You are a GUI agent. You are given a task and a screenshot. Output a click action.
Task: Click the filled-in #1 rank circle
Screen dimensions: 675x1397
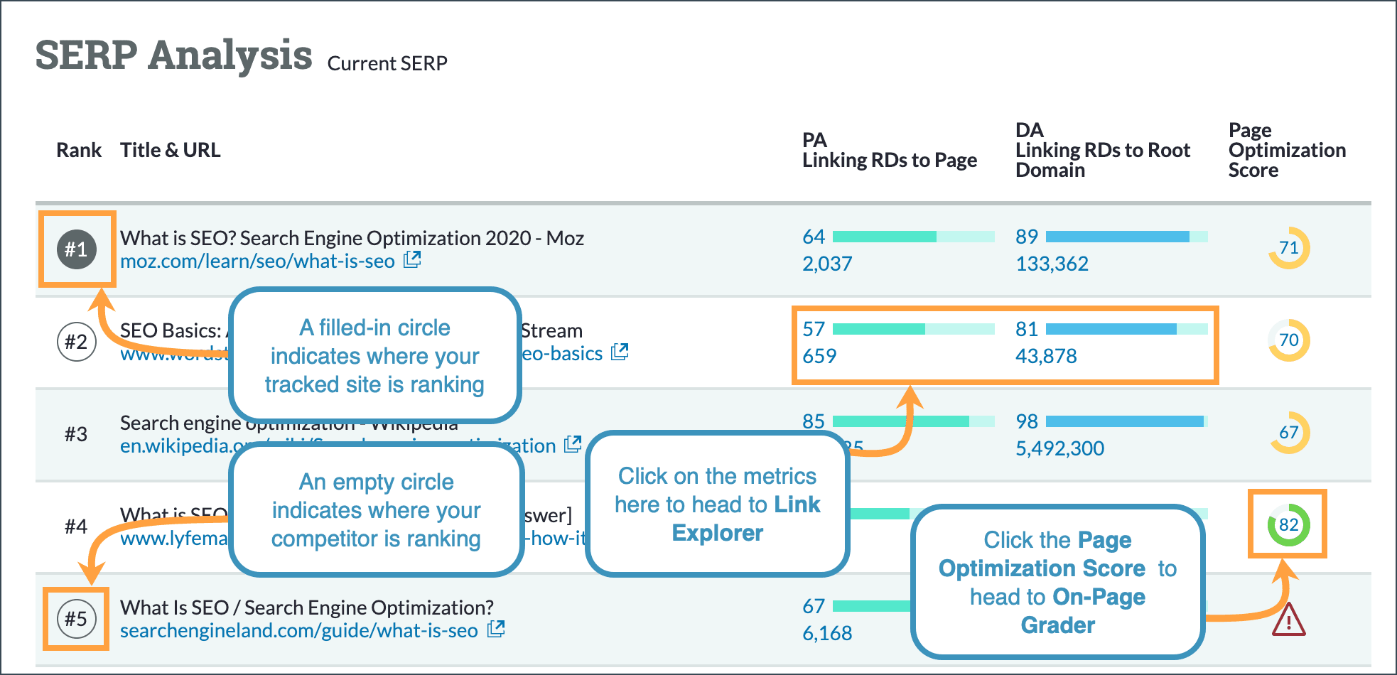[77, 249]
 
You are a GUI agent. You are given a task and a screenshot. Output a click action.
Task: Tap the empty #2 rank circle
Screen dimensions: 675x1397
[76, 342]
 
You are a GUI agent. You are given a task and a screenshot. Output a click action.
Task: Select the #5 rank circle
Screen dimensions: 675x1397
[76, 619]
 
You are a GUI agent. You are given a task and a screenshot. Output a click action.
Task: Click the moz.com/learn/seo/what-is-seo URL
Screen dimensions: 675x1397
[257, 261]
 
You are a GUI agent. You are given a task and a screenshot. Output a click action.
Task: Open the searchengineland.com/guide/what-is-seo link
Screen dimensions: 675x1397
[298, 631]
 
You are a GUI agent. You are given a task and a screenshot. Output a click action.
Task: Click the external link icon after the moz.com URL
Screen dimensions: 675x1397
[412, 260]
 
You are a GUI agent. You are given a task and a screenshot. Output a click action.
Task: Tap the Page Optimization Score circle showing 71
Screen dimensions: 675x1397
[1288, 248]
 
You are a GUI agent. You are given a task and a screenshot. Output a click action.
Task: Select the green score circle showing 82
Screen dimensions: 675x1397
[1288, 525]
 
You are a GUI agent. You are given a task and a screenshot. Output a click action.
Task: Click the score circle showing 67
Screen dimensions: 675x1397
[1288, 433]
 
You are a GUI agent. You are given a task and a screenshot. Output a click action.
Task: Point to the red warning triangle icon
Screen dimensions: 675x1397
[1288, 620]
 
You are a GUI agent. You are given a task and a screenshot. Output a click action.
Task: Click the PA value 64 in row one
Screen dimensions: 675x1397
[814, 237]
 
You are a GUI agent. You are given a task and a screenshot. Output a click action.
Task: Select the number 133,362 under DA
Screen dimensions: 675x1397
[1052, 264]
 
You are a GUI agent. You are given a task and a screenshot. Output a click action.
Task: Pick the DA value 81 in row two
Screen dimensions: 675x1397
[1026, 329]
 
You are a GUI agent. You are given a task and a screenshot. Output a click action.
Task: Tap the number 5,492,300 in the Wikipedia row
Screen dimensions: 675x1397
[1059, 449]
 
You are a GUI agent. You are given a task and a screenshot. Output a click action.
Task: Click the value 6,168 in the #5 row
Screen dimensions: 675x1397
[827, 634]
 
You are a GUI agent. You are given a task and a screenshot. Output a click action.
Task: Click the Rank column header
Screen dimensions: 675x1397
[79, 151]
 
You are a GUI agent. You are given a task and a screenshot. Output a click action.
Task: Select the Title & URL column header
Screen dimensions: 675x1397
[171, 151]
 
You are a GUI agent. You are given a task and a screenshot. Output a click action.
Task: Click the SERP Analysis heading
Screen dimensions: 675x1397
[174, 55]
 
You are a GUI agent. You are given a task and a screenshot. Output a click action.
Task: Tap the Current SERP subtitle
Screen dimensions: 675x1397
[387, 64]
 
